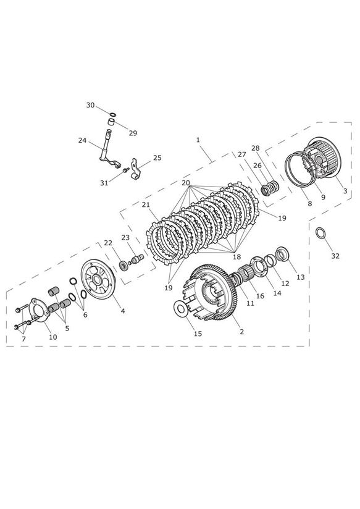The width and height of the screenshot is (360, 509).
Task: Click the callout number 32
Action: pos(335,256)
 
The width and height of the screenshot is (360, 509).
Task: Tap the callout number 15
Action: pos(198,334)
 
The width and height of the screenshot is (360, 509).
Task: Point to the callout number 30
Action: pos(90,105)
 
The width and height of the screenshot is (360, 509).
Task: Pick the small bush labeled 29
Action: pos(112,124)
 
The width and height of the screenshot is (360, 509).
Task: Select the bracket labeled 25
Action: pos(136,169)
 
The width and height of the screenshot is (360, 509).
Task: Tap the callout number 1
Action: pos(198,140)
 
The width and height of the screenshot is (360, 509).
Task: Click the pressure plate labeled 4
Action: pos(98,279)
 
